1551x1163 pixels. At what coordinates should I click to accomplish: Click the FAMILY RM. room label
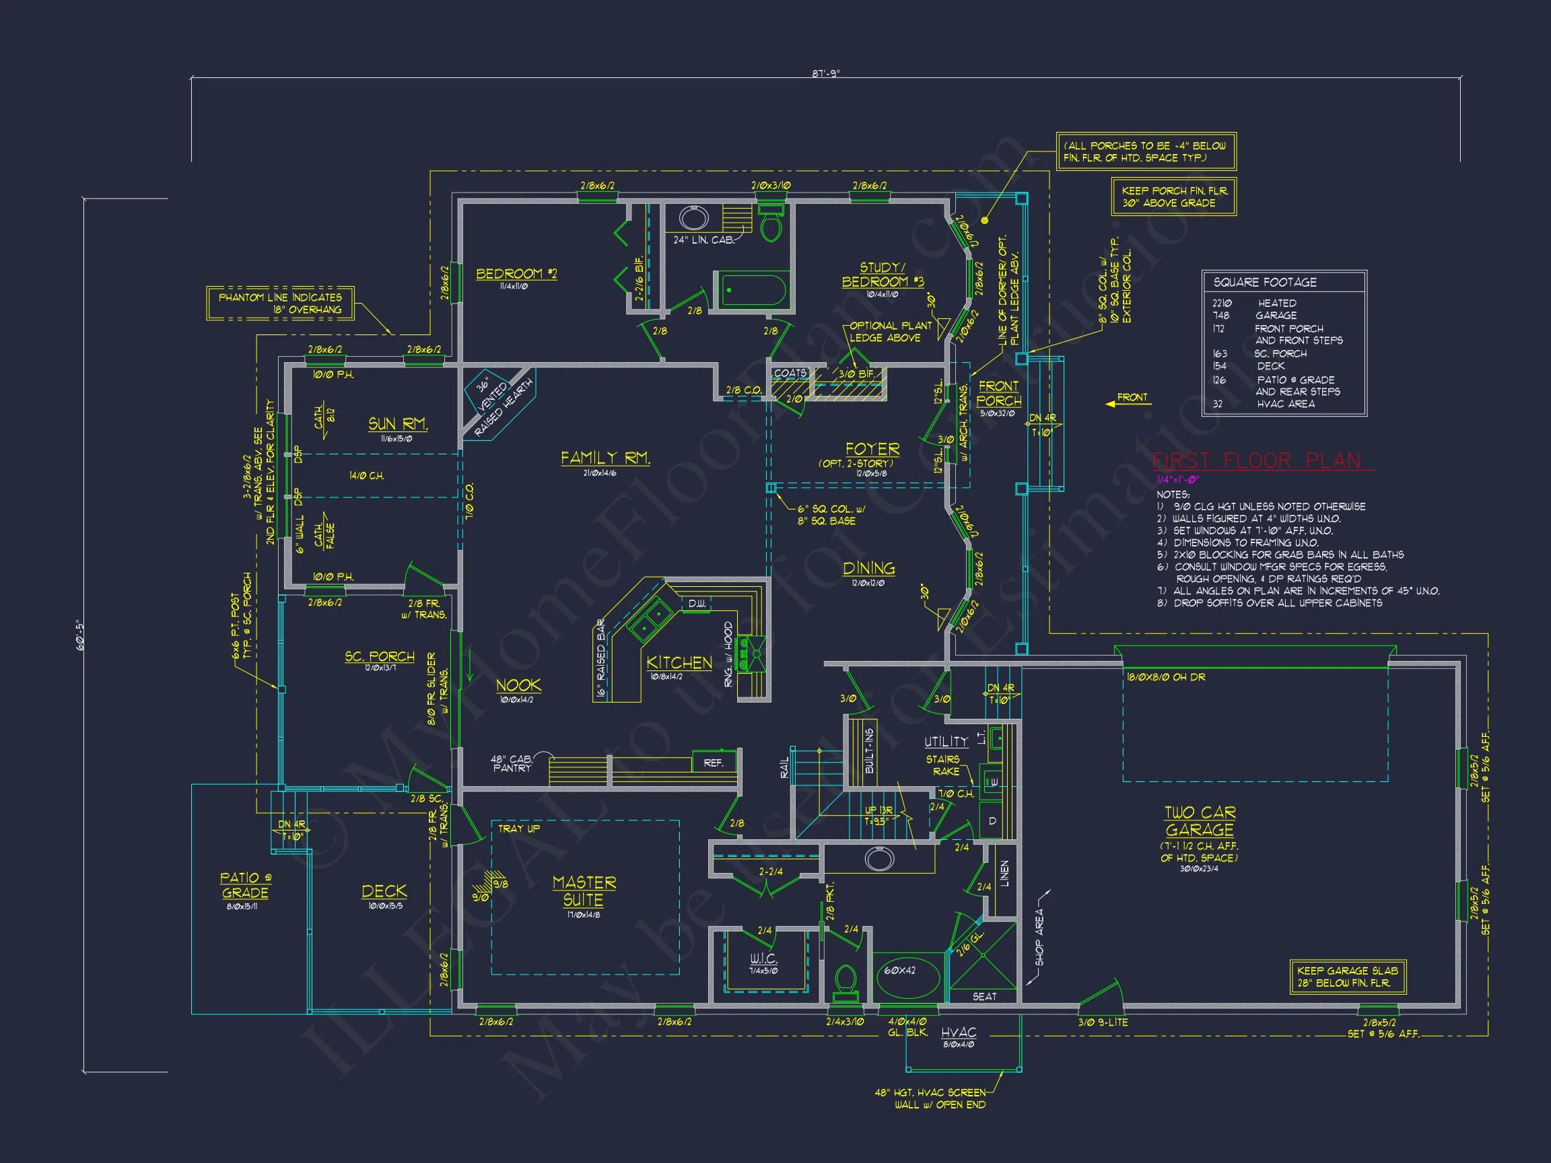click(605, 458)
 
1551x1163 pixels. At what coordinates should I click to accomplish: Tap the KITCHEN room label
click(679, 662)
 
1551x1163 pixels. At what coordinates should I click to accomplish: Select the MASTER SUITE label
click(584, 891)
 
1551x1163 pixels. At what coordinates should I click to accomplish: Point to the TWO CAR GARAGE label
click(1199, 822)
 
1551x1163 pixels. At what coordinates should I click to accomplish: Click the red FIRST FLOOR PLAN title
click(1257, 460)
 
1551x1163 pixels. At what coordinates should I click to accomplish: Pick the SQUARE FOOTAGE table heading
click(1265, 283)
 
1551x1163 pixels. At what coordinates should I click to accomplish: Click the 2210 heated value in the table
click(1221, 304)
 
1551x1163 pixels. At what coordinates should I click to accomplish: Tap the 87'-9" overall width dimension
click(825, 73)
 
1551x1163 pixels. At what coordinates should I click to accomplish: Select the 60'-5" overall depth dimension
click(80, 636)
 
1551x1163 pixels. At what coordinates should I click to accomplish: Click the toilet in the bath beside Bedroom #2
click(771, 225)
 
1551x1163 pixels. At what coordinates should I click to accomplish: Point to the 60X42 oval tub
click(899, 971)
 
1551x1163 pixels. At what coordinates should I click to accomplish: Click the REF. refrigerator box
click(714, 763)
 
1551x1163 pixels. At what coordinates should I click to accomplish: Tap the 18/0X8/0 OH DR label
click(1166, 677)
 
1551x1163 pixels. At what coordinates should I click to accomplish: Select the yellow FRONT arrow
click(1127, 399)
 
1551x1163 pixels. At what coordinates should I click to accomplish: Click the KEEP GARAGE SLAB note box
click(1347, 977)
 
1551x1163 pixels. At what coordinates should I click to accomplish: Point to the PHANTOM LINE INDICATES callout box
click(280, 304)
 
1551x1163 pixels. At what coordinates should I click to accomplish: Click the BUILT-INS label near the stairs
click(870, 751)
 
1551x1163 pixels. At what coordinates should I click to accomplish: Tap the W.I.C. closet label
click(763, 958)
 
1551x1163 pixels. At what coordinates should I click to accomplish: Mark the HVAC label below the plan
click(958, 1032)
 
